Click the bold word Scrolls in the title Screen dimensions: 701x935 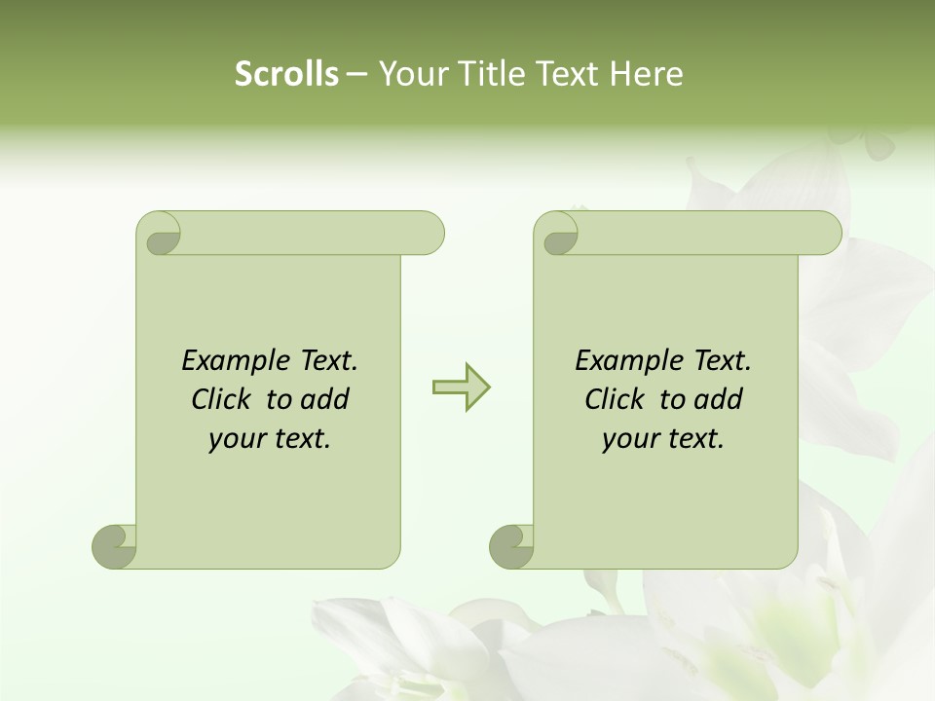[286, 74]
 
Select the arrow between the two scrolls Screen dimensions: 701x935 [462, 387]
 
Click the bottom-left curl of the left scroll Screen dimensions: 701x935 [115, 545]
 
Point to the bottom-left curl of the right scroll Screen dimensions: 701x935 [511, 545]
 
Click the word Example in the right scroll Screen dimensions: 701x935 [628, 361]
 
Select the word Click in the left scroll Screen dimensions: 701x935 [224, 399]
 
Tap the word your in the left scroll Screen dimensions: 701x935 [237, 439]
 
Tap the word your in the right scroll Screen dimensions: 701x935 [630, 439]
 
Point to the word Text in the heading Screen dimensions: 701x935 [569, 74]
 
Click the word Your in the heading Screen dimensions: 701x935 [410, 74]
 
